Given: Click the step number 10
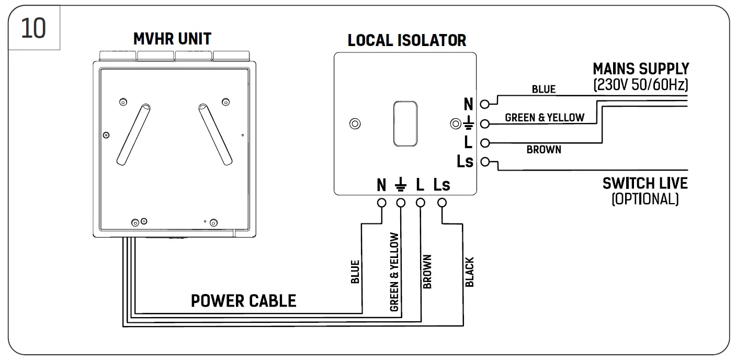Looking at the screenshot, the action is [x=33, y=28].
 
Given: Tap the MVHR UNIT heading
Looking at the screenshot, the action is [x=172, y=39].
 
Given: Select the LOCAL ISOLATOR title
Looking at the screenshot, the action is [x=407, y=40].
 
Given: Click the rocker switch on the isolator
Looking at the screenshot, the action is [x=405, y=123].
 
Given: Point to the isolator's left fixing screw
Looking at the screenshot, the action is [x=355, y=123].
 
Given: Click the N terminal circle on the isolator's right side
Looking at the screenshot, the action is [x=484, y=104].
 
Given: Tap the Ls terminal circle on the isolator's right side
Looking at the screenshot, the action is [x=485, y=162].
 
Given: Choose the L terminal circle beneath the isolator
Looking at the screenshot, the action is [x=420, y=203].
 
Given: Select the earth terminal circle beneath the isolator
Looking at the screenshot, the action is [x=401, y=203].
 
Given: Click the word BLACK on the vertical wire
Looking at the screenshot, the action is [x=470, y=272].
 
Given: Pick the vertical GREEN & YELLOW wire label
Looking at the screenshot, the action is [x=394, y=272].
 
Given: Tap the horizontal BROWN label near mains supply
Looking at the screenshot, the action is [x=544, y=150].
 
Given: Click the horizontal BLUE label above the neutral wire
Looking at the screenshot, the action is [x=544, y=89].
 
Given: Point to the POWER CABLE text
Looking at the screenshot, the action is [x=243, y=301].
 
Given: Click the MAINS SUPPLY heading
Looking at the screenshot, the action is [x=641, y=69].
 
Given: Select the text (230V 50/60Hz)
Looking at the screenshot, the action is [x=641, y=85].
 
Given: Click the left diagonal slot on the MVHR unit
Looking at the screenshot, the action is [x=133, y=134].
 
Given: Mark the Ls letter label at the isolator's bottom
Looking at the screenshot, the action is [x=441, y=185].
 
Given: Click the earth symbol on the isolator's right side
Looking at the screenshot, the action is [x=469, y=122].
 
